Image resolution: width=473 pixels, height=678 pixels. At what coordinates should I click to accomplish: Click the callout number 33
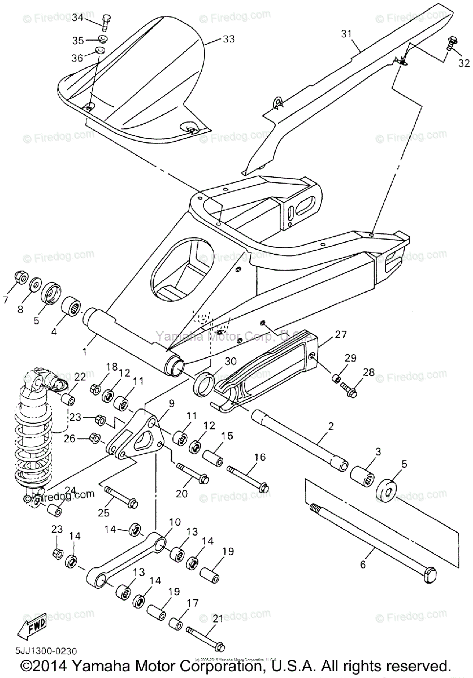(228, 39)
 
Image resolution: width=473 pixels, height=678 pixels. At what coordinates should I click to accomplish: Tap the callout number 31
(346, 34)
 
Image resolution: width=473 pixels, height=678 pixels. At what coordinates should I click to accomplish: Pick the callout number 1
(84, 351)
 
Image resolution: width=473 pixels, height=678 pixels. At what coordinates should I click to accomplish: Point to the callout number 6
(363, 563)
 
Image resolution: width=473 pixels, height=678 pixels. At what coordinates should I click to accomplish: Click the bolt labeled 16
(249, 477)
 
